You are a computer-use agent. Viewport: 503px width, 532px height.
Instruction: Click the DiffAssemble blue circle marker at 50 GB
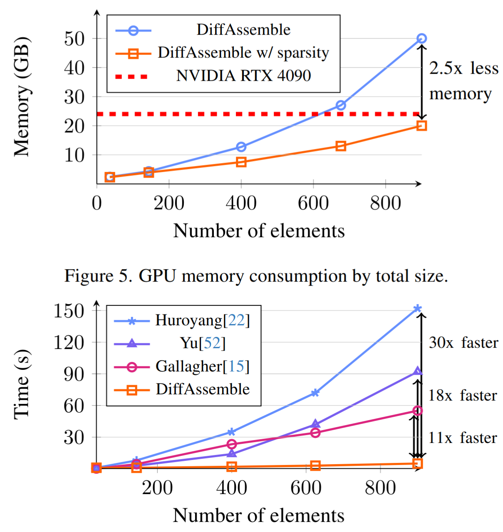tap(421, 39)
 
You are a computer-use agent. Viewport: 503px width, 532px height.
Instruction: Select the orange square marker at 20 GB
tap(421, 126)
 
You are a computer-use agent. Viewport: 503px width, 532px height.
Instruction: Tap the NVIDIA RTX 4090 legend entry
tap(243, 76)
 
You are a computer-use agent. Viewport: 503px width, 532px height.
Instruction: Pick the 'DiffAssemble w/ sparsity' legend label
tap(243, 53)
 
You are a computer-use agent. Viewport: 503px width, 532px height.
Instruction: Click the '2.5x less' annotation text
tap(463, 68)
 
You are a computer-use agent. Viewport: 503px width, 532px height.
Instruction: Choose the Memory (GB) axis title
tap(22, 97)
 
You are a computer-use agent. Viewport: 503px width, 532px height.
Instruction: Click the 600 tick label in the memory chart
tap(313, 203)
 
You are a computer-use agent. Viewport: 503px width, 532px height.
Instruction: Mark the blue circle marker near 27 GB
tap(341, 105)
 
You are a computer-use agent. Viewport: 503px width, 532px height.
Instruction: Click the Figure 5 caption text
tap(256, 276)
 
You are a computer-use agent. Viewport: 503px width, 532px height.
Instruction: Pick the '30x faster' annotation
tap(463, 343)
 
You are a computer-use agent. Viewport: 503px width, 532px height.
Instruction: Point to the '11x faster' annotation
tap(463, 438)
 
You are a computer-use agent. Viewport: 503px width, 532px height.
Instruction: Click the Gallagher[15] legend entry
tap(202, 366)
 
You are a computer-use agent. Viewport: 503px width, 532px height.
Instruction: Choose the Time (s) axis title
tap(22, 384)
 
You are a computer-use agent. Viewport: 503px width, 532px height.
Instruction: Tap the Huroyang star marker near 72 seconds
tap(315, 393)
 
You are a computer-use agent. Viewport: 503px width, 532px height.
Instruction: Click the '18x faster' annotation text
tap(463, 396)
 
